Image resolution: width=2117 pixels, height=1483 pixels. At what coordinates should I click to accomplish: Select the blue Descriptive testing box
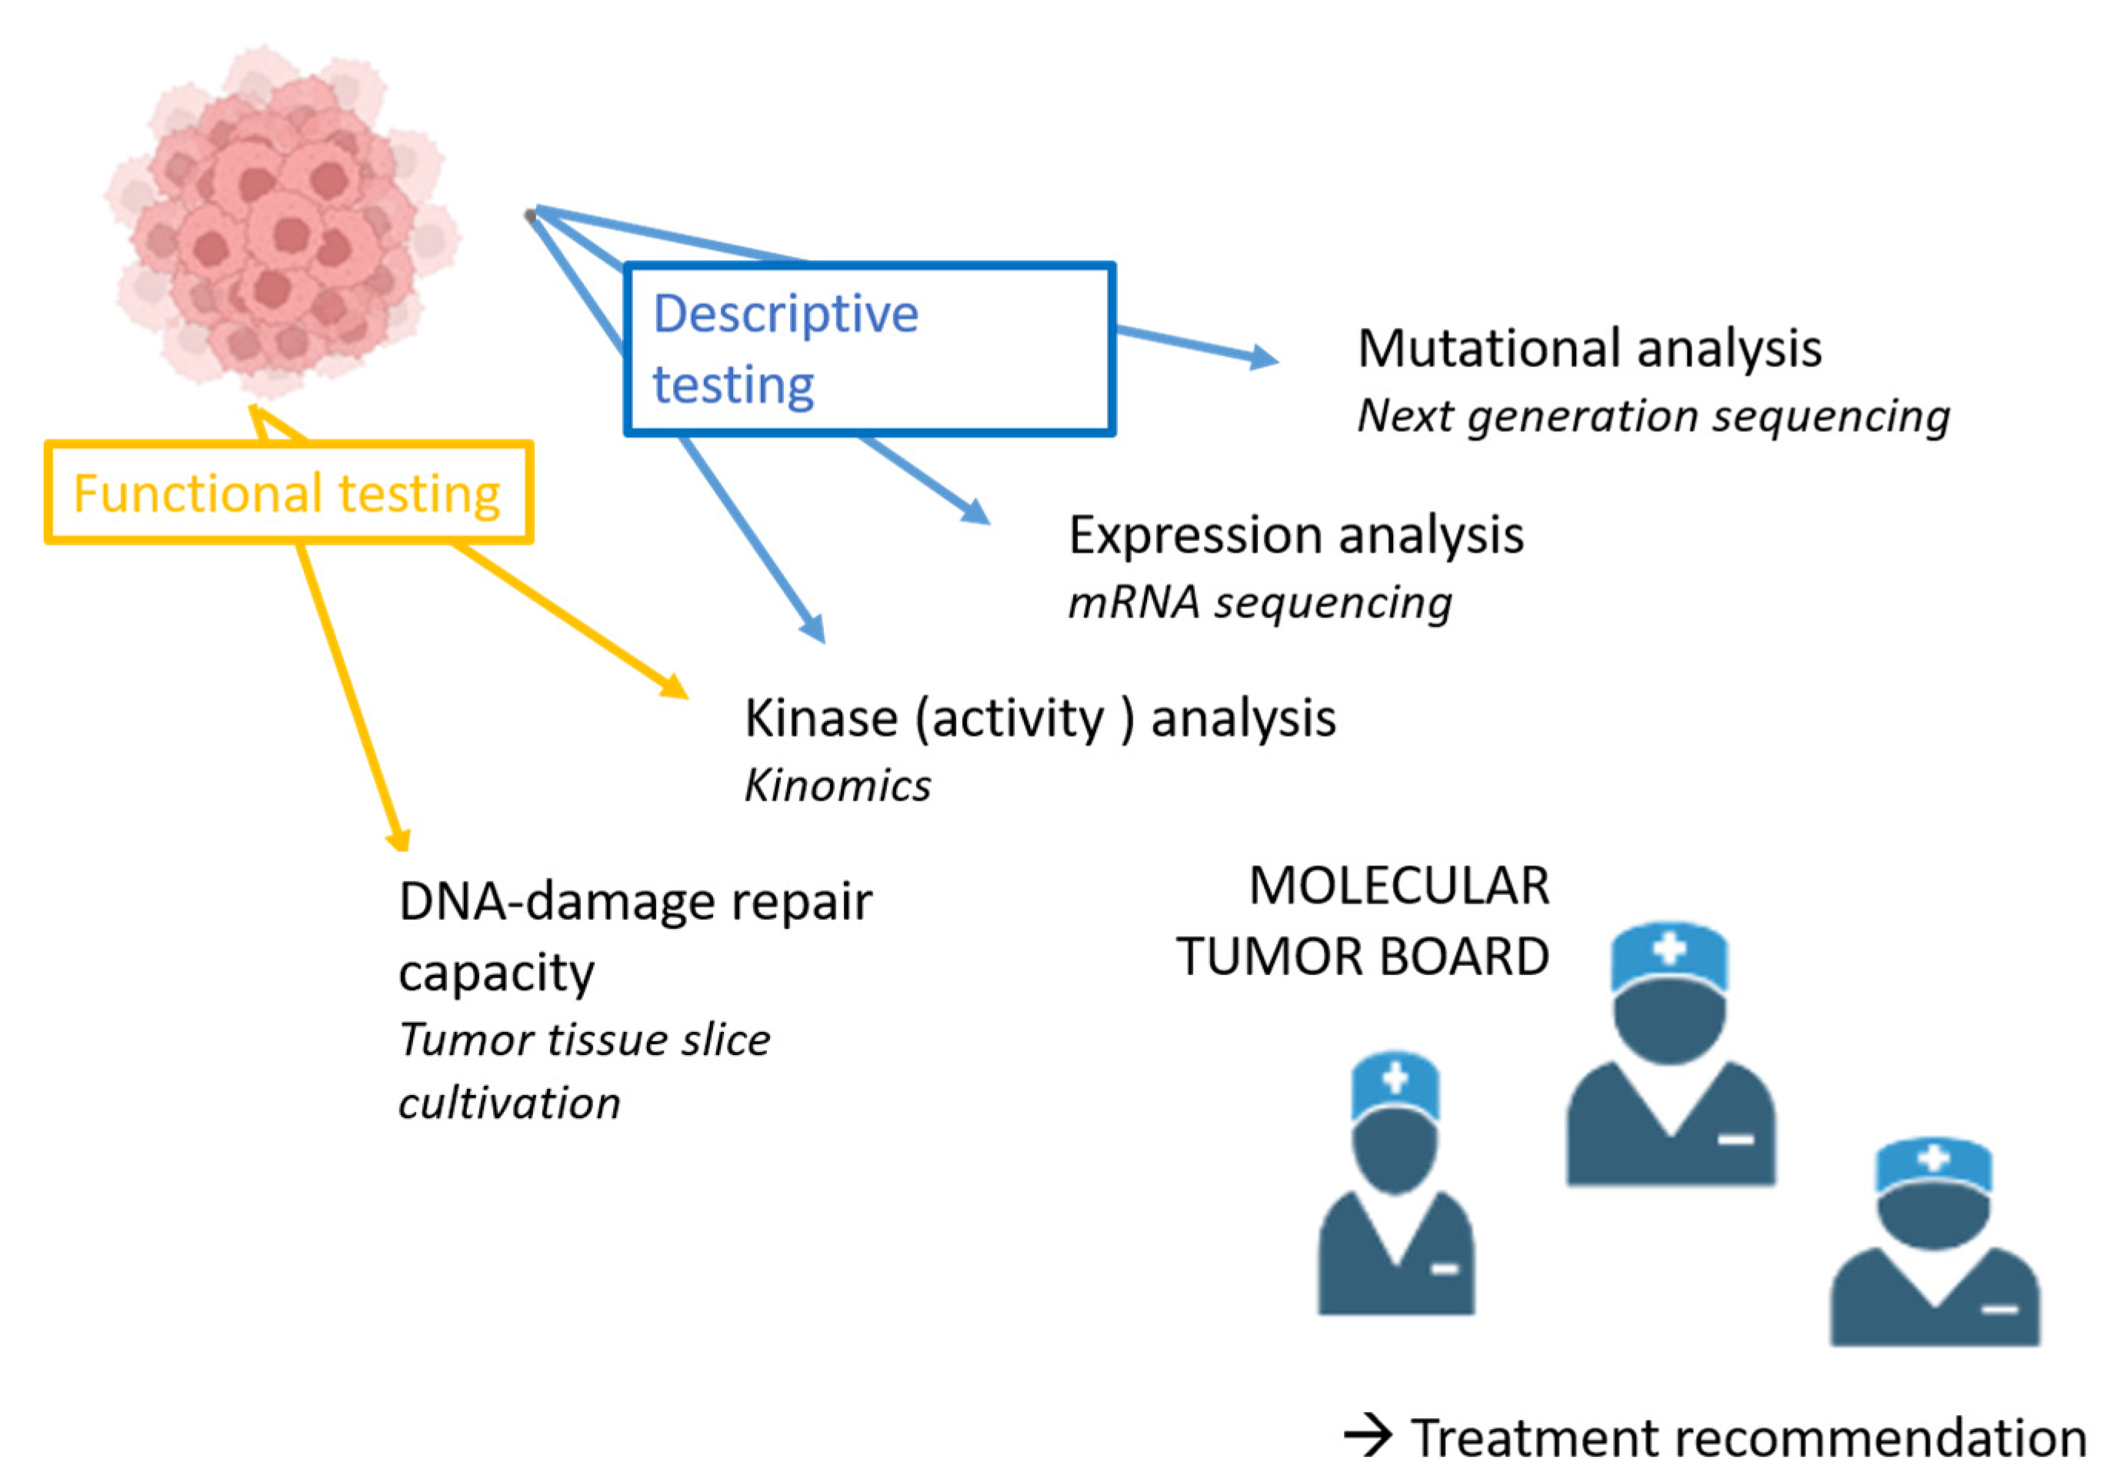[868, 349]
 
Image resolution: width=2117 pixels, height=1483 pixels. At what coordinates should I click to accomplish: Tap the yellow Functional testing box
[288, 493]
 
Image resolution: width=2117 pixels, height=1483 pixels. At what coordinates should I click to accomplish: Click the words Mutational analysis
[1589, 349]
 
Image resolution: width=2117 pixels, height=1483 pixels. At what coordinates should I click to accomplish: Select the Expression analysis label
[1295, 535]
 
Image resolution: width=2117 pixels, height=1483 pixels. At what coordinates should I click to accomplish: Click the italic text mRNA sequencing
[1259, 603]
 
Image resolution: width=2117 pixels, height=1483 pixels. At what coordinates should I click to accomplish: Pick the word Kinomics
[837, 786]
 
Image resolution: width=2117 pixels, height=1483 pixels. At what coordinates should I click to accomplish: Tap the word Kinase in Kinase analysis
[821, 719]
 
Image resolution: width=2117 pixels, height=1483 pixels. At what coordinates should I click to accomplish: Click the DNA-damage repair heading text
[635, 901]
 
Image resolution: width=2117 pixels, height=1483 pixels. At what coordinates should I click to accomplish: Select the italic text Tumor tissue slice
[584, 1040]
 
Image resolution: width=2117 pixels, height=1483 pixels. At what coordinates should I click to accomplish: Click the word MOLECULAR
[1398, 887]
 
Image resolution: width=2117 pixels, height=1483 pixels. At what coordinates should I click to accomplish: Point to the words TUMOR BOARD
[1362, 957]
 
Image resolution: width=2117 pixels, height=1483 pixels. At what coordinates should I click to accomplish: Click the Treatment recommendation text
[1749, 1438]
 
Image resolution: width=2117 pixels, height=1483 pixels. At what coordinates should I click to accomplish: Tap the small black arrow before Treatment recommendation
[1368, 1435]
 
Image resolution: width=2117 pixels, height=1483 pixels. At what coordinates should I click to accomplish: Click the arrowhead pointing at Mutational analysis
[1265, 357]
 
